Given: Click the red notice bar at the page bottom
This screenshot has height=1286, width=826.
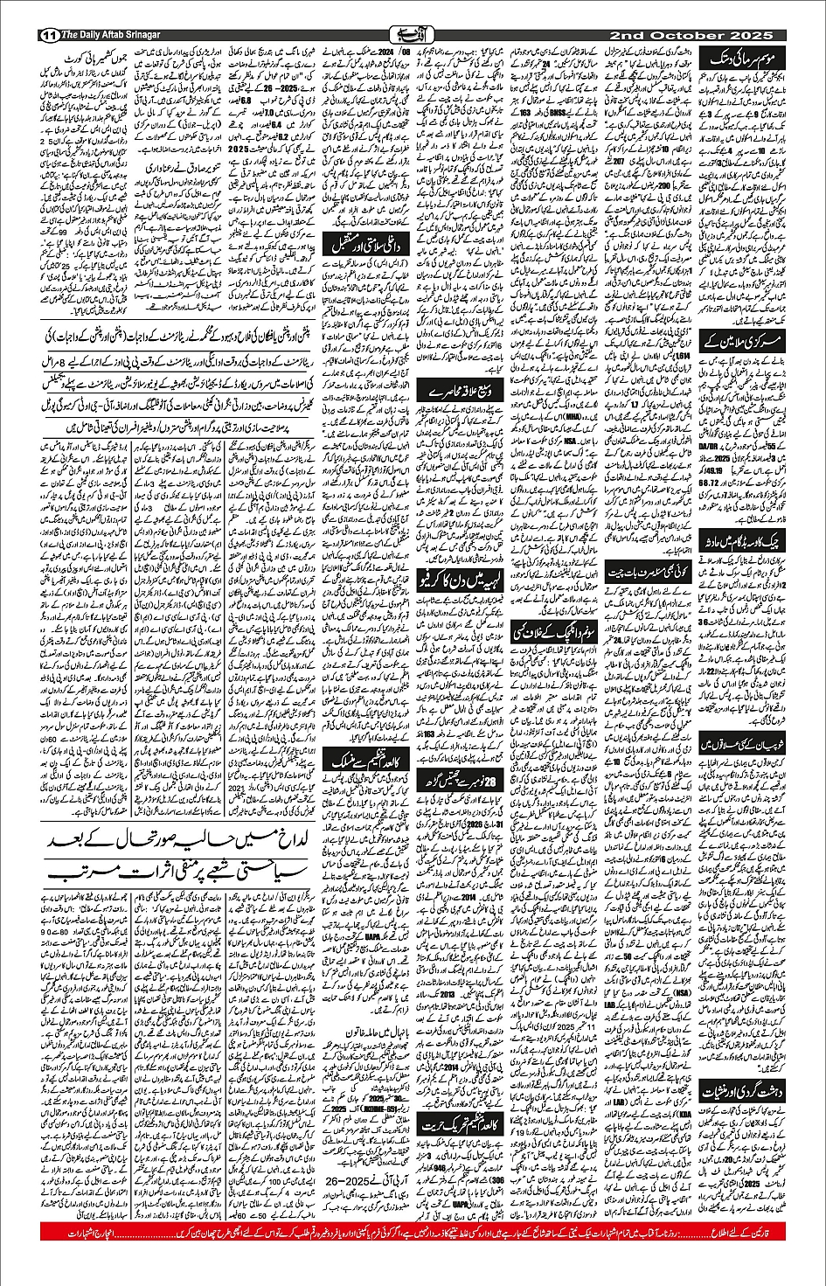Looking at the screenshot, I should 413,1232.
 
